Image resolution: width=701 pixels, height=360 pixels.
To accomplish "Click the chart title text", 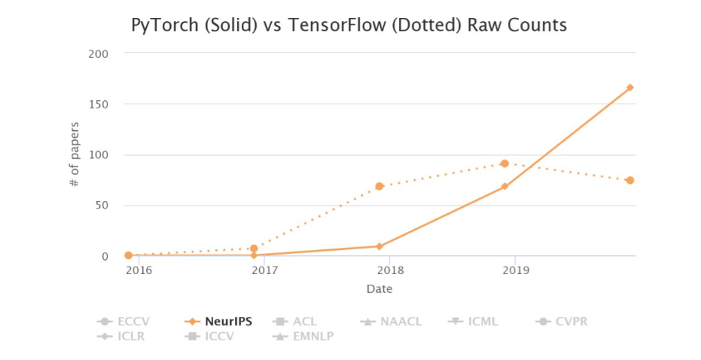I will coord(349,26).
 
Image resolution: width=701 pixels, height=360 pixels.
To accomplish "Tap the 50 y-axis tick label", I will coord(102,206).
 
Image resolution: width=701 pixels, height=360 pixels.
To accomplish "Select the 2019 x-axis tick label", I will coord(514,270).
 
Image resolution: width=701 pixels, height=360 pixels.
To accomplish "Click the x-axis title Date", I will coord(379,288).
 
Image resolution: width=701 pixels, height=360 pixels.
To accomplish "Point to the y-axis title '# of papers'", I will coord(75,154).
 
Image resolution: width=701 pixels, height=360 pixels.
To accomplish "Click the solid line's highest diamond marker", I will coord(629,87).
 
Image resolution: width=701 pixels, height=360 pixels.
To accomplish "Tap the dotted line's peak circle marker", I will coord(504,163).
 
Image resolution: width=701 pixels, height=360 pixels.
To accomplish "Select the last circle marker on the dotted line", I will coord(629,180).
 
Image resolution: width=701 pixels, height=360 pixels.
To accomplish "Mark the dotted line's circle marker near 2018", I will coord(379,186).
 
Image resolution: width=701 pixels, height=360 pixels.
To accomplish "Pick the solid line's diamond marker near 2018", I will coord(379,246).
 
